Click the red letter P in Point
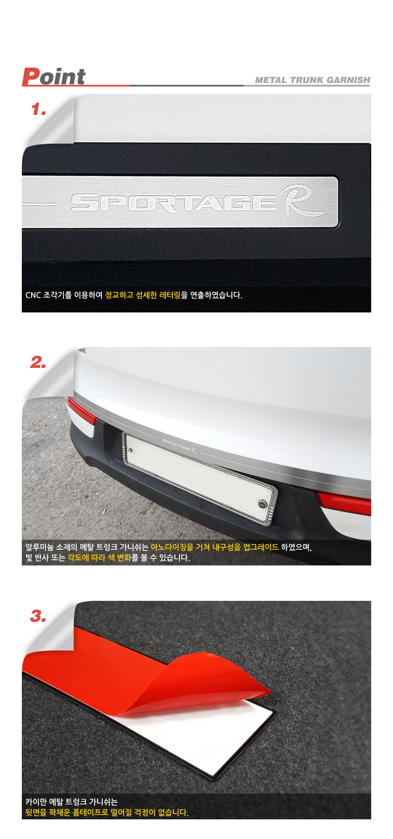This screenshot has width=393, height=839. [x=31, y=77]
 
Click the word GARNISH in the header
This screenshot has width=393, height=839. [x=348, y=80]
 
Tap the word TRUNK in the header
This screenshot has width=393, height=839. [x=307, y=80]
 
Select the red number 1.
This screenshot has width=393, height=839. [x=38, y=109]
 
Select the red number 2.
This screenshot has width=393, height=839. [x=38, y=362]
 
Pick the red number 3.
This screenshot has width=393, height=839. [x=38, y=616]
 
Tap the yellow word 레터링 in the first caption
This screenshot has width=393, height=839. [x=170, y=295]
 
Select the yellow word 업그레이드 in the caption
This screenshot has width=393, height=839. [x=261, y=547]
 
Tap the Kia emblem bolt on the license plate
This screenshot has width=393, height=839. [x=262, y=503]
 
